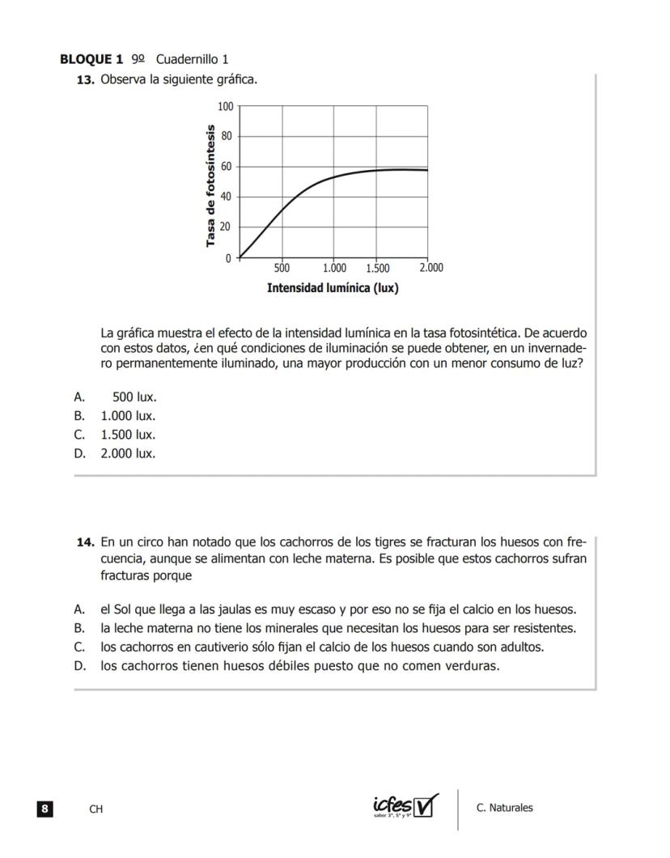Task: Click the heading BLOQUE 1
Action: coord(91,59)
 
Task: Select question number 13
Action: coord(86,80)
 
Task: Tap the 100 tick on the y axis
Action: coord(225,107)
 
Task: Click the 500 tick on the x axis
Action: coord(282,268)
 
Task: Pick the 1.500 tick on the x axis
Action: coord(377,268)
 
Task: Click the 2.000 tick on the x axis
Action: coord(430,268)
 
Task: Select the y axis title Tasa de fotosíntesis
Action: coord(210,185)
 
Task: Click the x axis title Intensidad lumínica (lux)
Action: coord(333,288)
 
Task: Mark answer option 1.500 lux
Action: coord(128,435)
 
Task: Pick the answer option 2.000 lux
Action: coord(128,453)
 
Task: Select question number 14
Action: coord(86,541)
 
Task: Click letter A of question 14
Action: coord(79,610)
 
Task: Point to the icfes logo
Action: coord(405,806)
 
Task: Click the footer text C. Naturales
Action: coord(505,808)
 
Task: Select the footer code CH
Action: coord(96,809)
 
